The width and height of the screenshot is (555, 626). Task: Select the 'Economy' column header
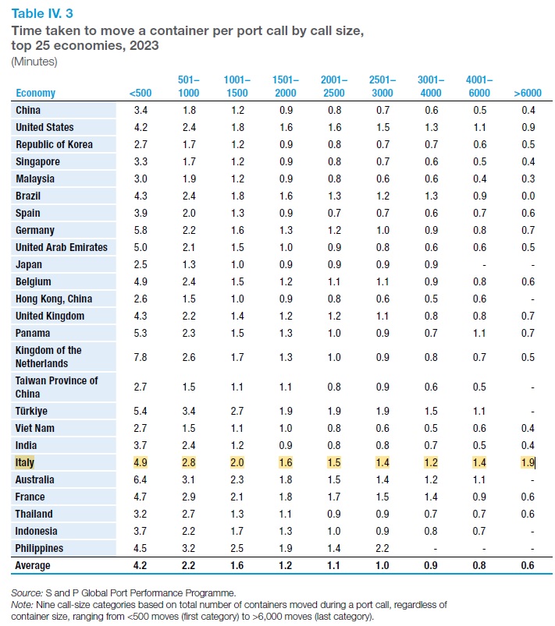pyautogui.click(x=35, y=94)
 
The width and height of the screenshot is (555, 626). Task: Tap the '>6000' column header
pyautogui.click(x=528, y=94)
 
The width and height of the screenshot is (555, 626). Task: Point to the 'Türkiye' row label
pyautogui.click(x=32, y=411)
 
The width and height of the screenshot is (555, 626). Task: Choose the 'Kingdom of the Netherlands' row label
pyautogui.click(x=48, y=357)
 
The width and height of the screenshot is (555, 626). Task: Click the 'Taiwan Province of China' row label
pyautogui.click(x=56, y=387)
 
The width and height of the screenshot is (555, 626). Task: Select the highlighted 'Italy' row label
pyautogui.click(x=25, y=462)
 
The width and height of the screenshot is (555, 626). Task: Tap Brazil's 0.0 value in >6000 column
pyautogui.click(x=528, y=196)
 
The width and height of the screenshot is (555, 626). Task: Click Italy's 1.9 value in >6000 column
pyautogui.click(x=528, y=462)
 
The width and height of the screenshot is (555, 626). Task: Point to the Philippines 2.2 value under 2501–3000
pyautogui.click(x=382, y=548)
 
